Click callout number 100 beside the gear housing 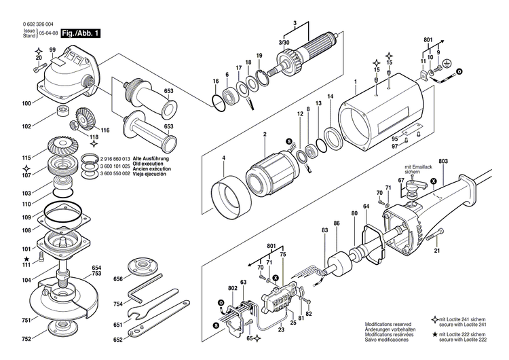[26, 103]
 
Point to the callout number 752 [26, 338]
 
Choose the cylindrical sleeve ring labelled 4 [227, 196]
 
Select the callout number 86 [336, 223]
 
